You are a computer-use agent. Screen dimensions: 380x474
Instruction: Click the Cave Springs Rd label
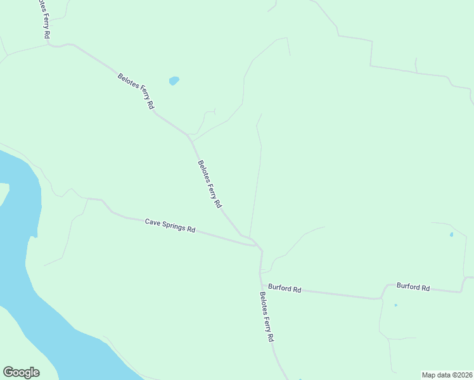170,225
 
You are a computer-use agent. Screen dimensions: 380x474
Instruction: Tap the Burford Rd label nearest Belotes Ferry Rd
284,288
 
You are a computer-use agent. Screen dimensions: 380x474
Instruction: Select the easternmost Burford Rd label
413,287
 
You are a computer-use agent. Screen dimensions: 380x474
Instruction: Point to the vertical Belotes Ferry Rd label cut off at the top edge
43,19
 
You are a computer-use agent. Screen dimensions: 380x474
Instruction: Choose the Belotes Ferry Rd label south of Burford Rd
266,317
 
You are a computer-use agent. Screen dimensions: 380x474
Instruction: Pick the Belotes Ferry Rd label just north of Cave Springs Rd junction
210,184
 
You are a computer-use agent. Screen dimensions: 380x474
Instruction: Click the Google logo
21,372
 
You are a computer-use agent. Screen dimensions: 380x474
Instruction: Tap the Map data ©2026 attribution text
447,374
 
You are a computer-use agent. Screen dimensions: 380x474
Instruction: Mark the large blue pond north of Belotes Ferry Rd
174,80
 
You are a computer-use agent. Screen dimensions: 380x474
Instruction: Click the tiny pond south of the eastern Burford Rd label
395,305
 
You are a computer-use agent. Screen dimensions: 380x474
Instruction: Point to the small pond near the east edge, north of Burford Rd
451,235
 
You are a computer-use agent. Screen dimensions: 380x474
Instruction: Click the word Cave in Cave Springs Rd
152,222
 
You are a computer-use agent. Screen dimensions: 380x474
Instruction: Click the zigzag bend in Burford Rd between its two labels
383,291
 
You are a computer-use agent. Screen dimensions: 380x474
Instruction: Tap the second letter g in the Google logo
27,374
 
